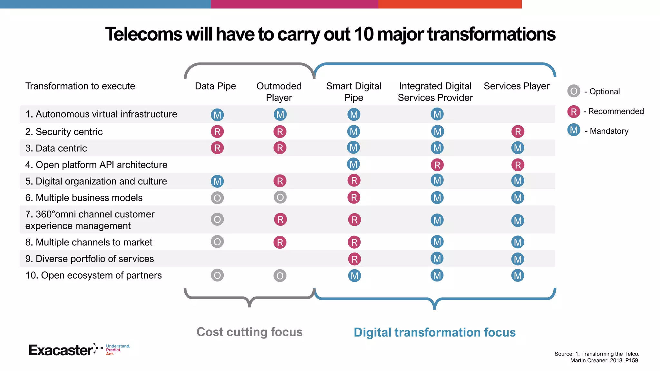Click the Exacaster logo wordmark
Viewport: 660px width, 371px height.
click(x=61, y=350)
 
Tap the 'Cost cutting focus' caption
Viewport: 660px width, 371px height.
click(x=249, y=332)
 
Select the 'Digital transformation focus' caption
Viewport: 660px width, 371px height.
click(x=434, y=332)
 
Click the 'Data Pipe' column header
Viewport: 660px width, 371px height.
click(x=215, y=86)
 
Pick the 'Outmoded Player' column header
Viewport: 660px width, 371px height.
click(x=279, y=92)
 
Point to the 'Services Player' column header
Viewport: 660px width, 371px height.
click(x=517, y=86)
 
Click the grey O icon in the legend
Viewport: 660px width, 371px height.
click(x=574, y=91)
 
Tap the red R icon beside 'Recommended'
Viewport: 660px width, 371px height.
click(x=574, y=111)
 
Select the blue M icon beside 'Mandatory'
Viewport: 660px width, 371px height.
click(x=574, y=130)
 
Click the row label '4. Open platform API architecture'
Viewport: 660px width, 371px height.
click(x=96, y=165)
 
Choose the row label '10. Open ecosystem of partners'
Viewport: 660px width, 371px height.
click(x=93, y=275)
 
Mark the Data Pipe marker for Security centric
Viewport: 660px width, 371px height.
click(x=217, y=131)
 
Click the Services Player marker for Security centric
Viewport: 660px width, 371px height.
click(x=518, y=131)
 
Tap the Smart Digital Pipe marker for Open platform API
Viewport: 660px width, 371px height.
click(x=354, y=164)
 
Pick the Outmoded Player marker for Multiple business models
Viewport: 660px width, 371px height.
click(x=280, y=197)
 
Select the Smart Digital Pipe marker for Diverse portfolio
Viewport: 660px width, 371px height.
click(x=354, y=259)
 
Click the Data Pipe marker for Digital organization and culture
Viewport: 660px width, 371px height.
click(x=217, y=181)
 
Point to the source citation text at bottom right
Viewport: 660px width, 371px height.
click(x=597, y=357)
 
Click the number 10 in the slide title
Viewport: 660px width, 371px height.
click(x=363, y=34)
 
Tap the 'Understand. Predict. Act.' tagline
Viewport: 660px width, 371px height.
click(x=118, y=350)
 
